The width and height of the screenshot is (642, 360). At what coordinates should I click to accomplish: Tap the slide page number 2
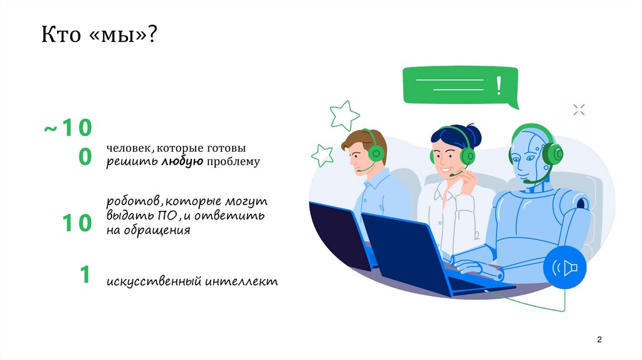(599, 339)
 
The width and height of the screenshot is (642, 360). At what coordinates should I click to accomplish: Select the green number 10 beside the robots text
(77, 223)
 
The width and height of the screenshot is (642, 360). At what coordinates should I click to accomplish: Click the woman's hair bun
(472, 134)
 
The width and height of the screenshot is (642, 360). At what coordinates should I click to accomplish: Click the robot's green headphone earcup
(552, 152)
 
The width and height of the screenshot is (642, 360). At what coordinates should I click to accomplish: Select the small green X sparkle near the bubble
(579, 110)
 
